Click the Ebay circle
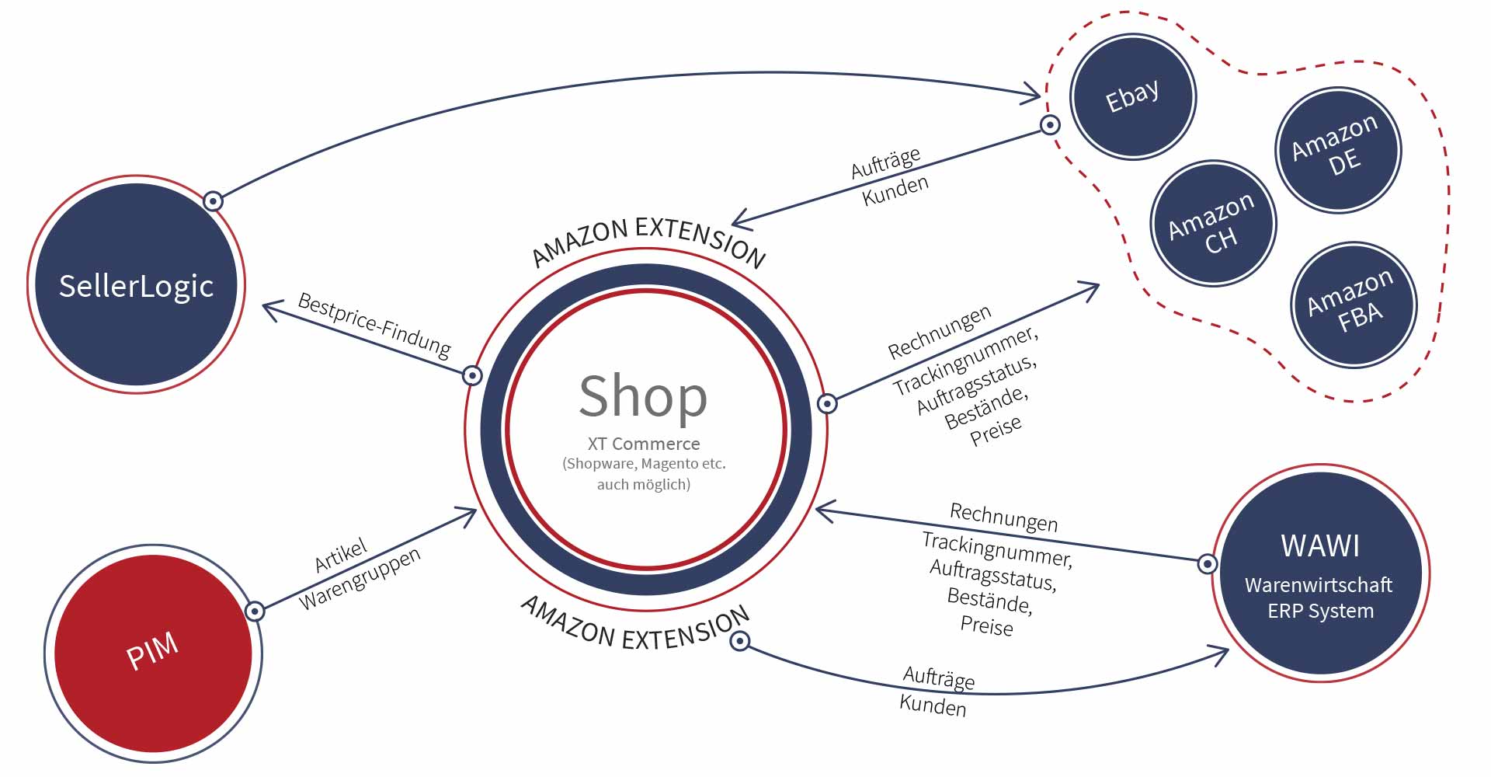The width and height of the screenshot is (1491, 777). pyautogui.click(x=1133, y=97)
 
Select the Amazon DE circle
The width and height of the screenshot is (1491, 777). pyautogui.click(x=1338, y=150)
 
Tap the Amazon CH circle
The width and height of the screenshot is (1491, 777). pyautogui.click(x=1213, y=224)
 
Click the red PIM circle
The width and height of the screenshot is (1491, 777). pyautogui.click(x=153, y=653)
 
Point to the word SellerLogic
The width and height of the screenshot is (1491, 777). pyautogui.click(x=136, y=286)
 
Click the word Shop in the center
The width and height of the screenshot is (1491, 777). pyautogui.click(x=643, y=395)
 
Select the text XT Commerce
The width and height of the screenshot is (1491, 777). pyautogui.click(x=644, y=444)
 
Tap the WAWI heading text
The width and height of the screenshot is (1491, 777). pyautogui.click(x=1320, y=546)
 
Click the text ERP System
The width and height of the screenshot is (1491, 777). pyautogui.click(x=1320, y=611)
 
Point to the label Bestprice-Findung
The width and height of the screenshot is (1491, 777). pyautogui.click(x=374, y=326)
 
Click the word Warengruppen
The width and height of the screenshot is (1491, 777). pyautogui.click(x=360, y=578)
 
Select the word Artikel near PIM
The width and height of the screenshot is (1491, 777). pyautogui.click(x=340, y=556)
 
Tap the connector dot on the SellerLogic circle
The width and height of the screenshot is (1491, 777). pyautogui.click(x=213, y=201)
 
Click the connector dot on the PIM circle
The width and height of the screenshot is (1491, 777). pyautogui.click(x=255, y=611)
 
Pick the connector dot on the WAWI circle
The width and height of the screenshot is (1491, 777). pyautogui.click(x=1208, y=563)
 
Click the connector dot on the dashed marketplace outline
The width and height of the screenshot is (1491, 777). pyautogui.click(x=1050, y=124)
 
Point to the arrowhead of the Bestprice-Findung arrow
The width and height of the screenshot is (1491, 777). pyautogui.click(x=266, y=308)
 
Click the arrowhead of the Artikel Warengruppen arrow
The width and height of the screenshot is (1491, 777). pyautogui.click(x=472, y=512)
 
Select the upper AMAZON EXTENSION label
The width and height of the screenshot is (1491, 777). pyautogui.click(x=648, y=238)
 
